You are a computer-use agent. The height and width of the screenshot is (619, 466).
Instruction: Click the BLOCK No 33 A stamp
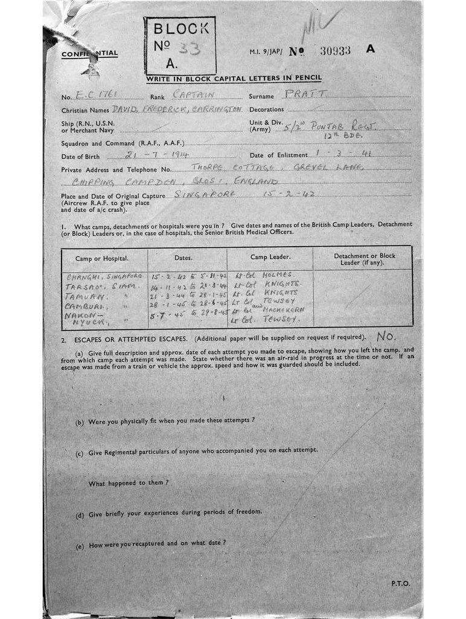click(179, 45)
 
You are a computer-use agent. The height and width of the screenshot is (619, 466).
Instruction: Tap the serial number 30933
click(335, 51)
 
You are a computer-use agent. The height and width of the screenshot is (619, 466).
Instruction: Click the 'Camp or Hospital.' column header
click(101, 258)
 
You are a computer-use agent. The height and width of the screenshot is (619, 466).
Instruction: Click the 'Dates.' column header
click(183, 258)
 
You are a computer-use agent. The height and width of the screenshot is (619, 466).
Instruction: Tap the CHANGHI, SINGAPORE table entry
click(103, 276)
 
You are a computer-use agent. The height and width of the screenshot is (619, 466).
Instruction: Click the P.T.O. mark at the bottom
click(400, 583)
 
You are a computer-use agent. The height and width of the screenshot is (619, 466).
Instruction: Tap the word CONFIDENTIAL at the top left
click(89, 54)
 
